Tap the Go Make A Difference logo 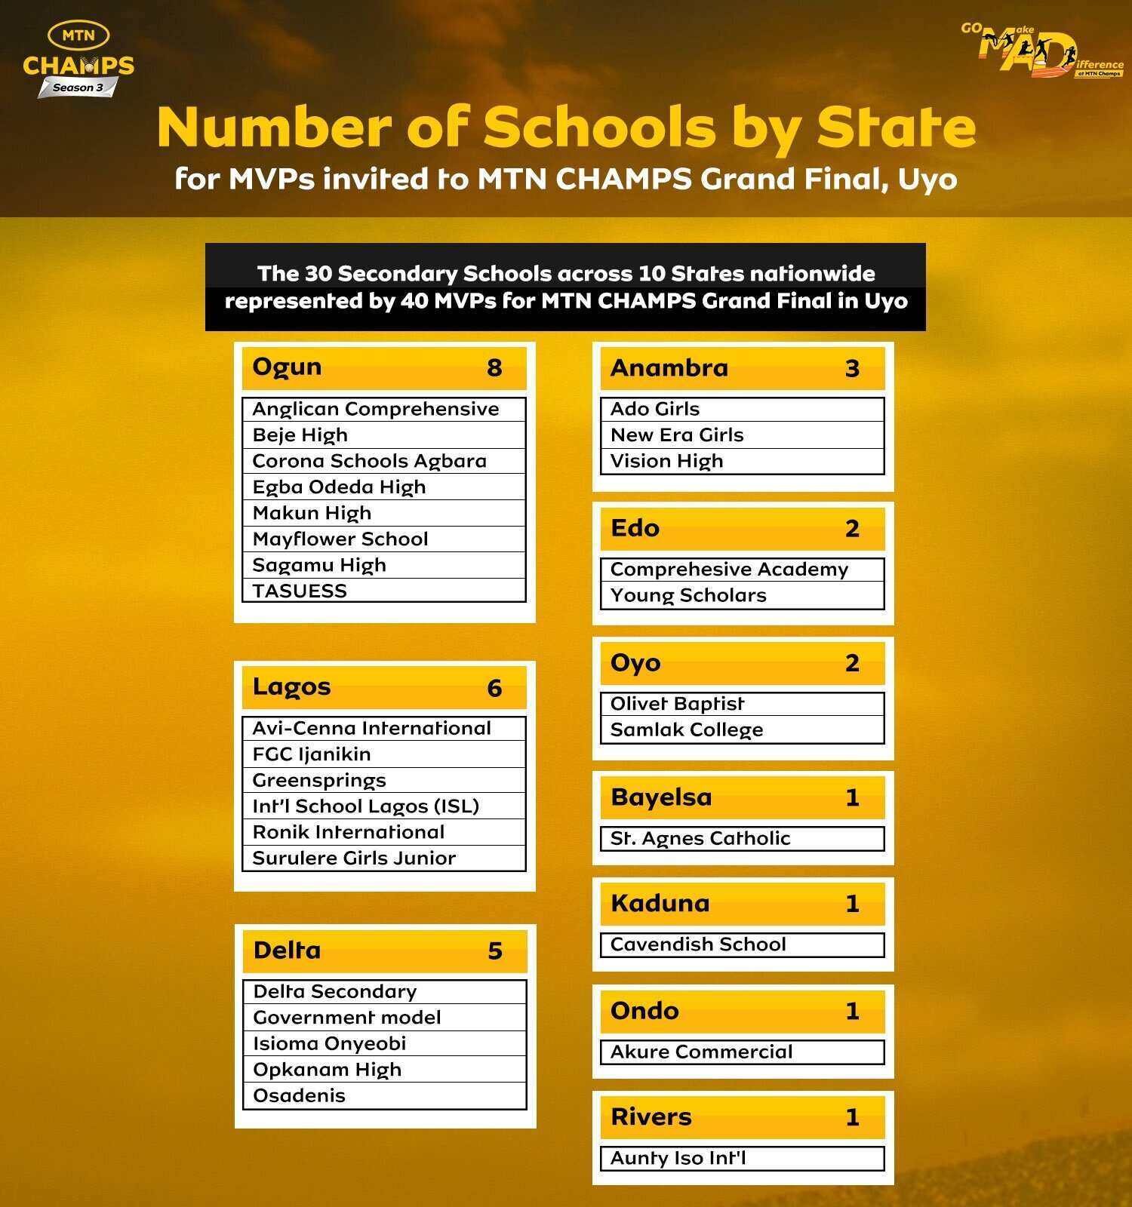point(1041,50)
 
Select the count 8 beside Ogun point(494,367)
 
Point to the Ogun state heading point(287,367)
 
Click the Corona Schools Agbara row point(369,461)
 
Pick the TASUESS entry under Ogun point(300,591)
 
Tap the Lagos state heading point(291,686)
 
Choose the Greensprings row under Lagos point(319,780)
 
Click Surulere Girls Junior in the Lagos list point(354,858)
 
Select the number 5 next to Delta point(495,951)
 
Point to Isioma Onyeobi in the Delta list point(330,1043)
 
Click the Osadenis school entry point(299,1095)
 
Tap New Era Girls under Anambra point(677,435)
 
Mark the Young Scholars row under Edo point(688,595)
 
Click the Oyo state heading point(635,662)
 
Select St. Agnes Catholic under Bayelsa point(700,838)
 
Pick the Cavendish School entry point(698,944)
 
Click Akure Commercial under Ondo point(701,1052)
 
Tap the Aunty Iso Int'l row point(678,1158)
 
